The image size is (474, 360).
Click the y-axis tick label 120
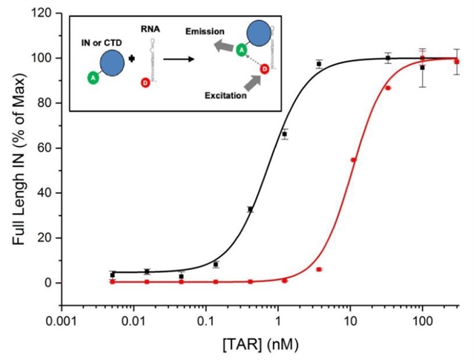(42, 13)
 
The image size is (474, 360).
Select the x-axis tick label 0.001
(62, 321)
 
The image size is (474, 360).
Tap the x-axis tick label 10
(350, 321)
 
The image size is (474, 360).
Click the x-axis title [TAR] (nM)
(260, 345)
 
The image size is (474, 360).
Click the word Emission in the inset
(205, 31)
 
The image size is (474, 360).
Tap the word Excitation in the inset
(226, 96)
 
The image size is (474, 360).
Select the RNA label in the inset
(151, 29)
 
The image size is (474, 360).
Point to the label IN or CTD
(102, 43)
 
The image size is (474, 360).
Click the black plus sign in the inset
(132, 59)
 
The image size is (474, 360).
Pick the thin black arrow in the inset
(178, 59)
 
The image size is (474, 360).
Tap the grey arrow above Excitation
(253, 82)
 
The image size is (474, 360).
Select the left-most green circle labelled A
(93, 78)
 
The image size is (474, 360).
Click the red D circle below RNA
(145, 82)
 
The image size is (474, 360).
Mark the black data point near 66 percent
(284, 134)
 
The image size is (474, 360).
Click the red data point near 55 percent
(353, 160)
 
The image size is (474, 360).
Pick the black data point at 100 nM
(422, 68)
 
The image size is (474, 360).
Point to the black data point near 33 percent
(250, 209)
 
